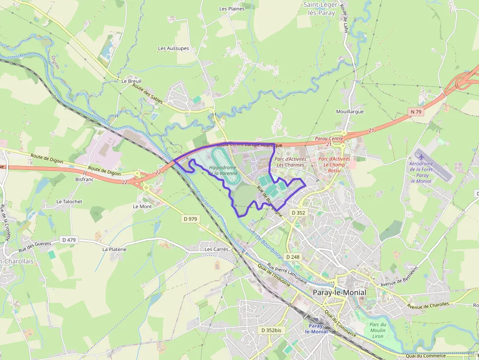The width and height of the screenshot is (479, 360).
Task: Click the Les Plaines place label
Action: [x=232, y=9]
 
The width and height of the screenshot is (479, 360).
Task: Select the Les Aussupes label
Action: [x=174, y=48]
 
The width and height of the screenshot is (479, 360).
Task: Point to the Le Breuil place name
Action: [x=131, y=81]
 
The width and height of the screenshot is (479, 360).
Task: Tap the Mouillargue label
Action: [x=350, y=111]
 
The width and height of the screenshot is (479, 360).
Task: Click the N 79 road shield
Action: [x=415, y=112]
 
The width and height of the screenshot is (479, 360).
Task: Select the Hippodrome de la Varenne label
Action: [x=223, y=170]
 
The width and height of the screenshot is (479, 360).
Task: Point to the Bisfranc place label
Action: [x=84, y=179]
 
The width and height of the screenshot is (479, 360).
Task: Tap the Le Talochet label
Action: [x=69, y=201]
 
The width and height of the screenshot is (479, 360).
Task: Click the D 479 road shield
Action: [x=69, y=239]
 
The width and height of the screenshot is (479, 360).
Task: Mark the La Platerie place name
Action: [x=114, y=249]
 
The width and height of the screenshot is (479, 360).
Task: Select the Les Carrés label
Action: [x=217, y=249]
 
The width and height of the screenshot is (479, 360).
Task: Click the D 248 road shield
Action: [x=292, y=257]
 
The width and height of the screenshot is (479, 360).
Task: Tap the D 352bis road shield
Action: [x=271, y=330]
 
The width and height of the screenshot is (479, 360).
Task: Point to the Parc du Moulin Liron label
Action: [x=377, y=331]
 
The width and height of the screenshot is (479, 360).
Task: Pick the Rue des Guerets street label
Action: [x=35, y=247]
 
